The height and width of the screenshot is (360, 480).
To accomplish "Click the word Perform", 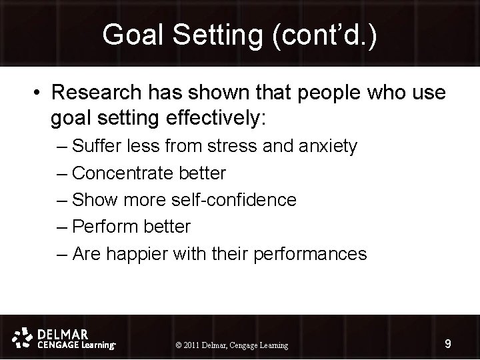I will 102,227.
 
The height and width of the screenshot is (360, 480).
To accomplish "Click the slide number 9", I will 448,344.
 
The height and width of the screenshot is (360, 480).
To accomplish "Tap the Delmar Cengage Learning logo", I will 65,338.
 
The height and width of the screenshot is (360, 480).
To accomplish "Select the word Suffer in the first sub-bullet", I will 93,146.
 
